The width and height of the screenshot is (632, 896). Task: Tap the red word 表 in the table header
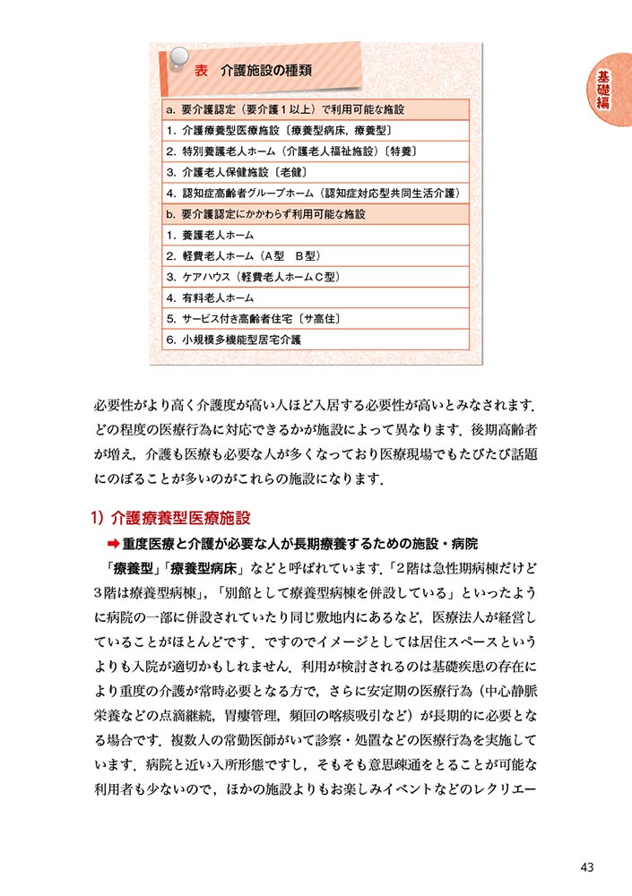(x=202, y=70)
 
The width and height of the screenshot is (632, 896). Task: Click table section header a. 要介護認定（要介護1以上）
(x=285, y=109)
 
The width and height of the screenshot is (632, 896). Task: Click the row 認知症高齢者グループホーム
(x=311, y=194)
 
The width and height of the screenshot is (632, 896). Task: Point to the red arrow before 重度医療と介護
(x=113, y=544)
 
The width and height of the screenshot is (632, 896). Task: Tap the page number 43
(x=587, y=866)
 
